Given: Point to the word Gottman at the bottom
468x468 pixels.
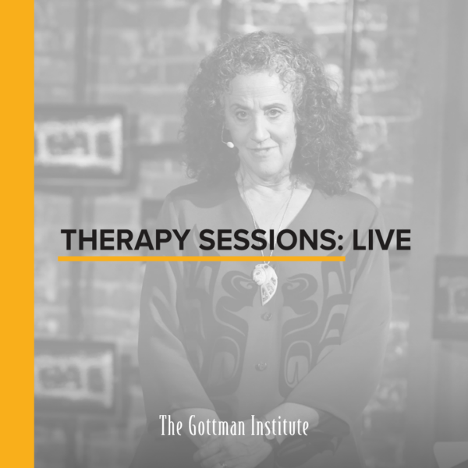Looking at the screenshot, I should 220,427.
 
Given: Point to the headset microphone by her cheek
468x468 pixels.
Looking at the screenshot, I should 228,144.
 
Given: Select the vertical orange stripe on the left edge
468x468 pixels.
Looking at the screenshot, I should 16,234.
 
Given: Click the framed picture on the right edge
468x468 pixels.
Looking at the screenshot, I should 452,296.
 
